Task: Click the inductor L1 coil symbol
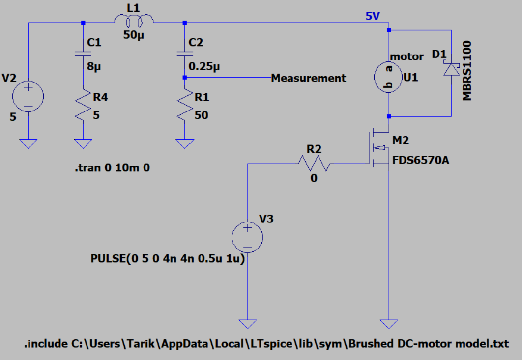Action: point(134,20)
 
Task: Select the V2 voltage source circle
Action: point(28,94)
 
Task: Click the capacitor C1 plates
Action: point(83,54)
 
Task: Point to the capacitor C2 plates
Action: point(184,53)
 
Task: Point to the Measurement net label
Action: point(309,78)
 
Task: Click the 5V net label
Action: point(372,16)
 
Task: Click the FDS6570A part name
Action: point(421,160)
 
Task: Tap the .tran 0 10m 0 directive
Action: point(112,168)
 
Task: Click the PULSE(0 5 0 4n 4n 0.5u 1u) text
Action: point(168,259)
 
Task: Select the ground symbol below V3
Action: point(248,324)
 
